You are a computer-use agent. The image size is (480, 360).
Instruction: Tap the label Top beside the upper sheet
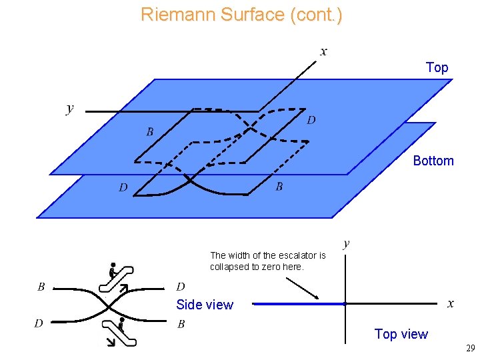click(x=437, y=67)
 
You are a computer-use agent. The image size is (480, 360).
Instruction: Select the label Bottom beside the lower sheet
click(x=433, y=161)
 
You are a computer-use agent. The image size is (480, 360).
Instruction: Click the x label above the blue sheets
click(x=324, y=51)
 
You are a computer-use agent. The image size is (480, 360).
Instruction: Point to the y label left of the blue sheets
click(x=70, y=108)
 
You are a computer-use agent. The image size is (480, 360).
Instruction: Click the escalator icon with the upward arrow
click(x=116, y=279)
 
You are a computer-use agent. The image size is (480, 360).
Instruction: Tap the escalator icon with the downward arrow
click(x=118, y=332)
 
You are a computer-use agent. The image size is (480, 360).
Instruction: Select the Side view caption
click(x=205, y=305)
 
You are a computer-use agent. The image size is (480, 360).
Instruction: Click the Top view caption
click(x=401, y=334)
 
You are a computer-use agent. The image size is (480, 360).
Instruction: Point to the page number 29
click(x=471, y=349)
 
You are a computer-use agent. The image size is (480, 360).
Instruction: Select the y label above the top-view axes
click(x=346, y=243)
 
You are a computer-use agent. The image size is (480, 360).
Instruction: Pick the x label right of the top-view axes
click(x=451, y=304)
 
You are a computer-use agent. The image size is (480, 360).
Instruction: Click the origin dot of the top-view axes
click(x=345, y=304)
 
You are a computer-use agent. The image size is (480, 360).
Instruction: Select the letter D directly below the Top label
click(x=311, y=121)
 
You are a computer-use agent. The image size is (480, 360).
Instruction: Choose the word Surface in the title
click(x=255, y=15)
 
